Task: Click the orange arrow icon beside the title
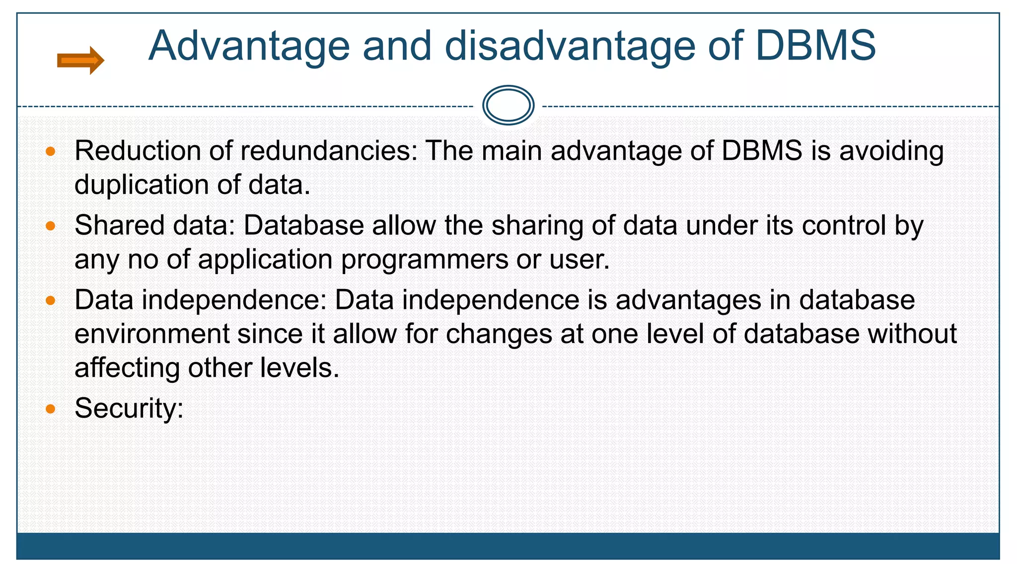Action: coord(80,61)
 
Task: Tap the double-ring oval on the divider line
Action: coord(508,105)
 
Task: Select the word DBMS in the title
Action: coord(815,46)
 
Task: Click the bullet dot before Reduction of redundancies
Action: coord(50,151)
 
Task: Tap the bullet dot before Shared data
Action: coord(50,226)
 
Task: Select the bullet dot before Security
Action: coord(50,409)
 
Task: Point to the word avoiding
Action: coord(891,151)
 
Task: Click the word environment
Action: coord(152,334)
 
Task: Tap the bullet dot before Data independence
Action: coord(50,300)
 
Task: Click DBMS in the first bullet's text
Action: coord(762,151)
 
